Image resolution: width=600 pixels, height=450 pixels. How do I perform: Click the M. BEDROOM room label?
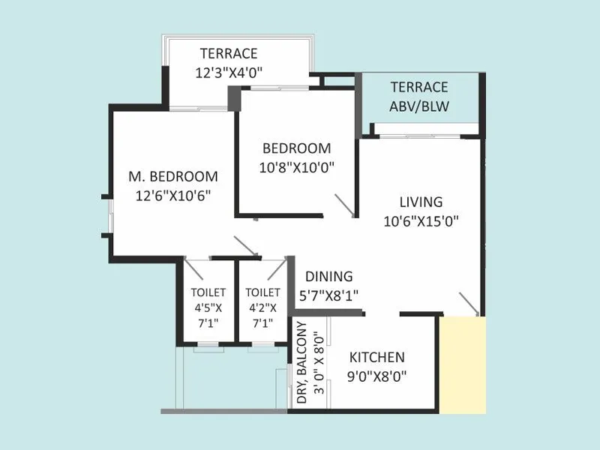[173, 177]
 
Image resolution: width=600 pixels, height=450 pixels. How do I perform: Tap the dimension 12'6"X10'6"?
[173, 196]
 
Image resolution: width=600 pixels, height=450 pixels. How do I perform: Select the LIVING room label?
[421, 202]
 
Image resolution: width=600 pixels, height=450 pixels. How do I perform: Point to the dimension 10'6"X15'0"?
[421, 220]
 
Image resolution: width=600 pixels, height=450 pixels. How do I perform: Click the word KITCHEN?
[376, 358]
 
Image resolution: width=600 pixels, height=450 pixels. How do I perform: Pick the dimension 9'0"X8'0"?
[376, 376]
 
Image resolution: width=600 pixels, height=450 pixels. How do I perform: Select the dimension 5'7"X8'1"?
[328, 295]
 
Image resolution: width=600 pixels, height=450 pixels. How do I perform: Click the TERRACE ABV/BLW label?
[418, 97]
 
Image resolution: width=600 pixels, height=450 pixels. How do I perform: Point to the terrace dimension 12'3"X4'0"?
[228, 73]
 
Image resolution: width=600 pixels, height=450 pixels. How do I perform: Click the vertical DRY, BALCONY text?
[301, 364]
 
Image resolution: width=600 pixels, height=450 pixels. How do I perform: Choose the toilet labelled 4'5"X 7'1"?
[205, 304]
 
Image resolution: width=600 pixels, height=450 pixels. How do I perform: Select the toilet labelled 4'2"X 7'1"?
[262, 304]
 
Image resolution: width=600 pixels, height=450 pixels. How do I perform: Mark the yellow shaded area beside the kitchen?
[462, 364]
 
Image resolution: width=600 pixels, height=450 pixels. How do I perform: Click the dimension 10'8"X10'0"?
[295, 167]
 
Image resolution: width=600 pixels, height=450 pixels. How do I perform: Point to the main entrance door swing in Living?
[469, 304]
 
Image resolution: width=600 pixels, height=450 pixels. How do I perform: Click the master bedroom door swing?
[246, 246]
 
